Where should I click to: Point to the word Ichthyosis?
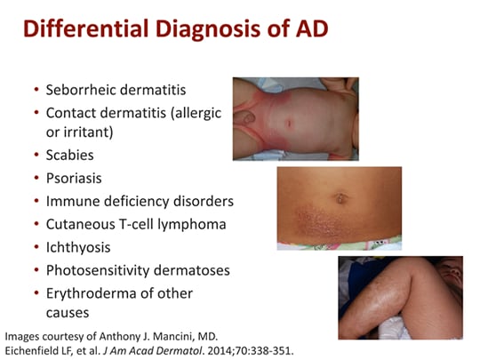tap(81, 247)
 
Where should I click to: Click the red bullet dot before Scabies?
tap(35, 155)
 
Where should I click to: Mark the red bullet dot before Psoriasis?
tap(35, 178)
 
